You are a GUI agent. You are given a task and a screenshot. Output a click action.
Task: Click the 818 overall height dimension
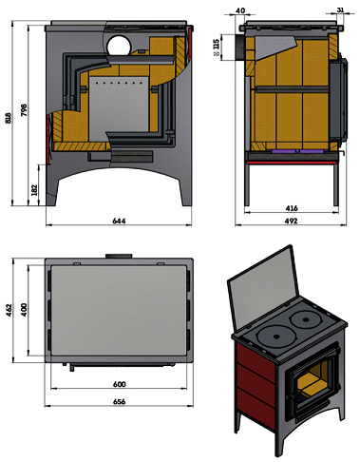pyautogui.click(x=9, y=118)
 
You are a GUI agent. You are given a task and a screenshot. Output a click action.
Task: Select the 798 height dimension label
pyautogui.click(x=24, y=110)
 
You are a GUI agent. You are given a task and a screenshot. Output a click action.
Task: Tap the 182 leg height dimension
pyautogui.click(x=34, y=190)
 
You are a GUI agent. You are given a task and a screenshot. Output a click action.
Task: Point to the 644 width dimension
pyautogui.click(x=119, y=221)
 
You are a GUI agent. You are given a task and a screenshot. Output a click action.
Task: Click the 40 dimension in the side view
pyautogui.click(x=240, y=10)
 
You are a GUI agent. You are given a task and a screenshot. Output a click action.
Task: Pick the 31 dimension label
pyautogui.click(x=340, y=10)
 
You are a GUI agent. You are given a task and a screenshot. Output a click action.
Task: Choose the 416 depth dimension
pyautogui.click(x=292, y=208)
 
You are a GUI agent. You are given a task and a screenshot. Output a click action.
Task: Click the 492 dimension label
pyautogui.click(x=291, y=221)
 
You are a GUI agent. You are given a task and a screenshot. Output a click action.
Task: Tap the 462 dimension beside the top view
pyautogui.click(x=9, y=310)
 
